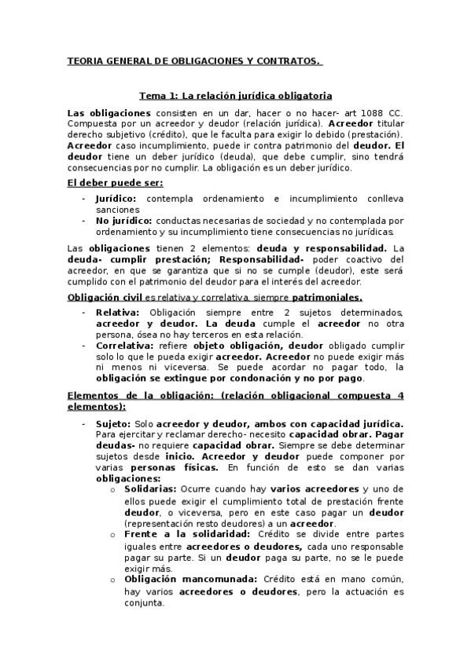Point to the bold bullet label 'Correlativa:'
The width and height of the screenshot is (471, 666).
tap(127, 345)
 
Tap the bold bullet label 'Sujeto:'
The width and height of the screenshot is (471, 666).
tap(114, 423)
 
